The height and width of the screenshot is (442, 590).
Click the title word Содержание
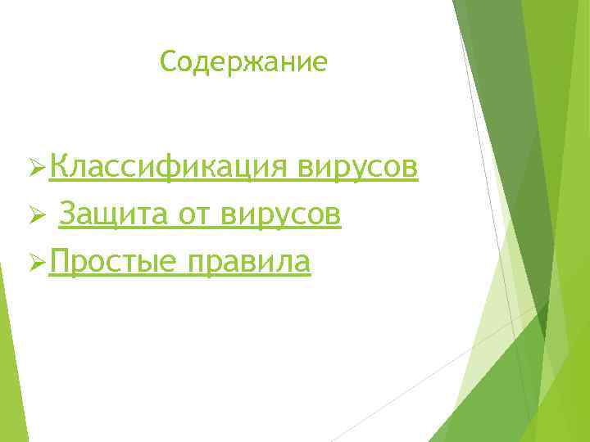(x=243, y=61)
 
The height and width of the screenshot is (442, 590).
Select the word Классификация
(x=167, y=168)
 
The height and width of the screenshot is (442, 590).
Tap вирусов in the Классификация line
(x=358, y=168)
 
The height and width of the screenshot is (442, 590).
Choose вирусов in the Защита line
(x=279, y=216)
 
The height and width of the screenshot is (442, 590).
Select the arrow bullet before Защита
(x=35, y=216)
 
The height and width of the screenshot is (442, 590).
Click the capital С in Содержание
(x=169, y=61)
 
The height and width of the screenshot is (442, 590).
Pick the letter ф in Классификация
(x=169, y=169)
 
